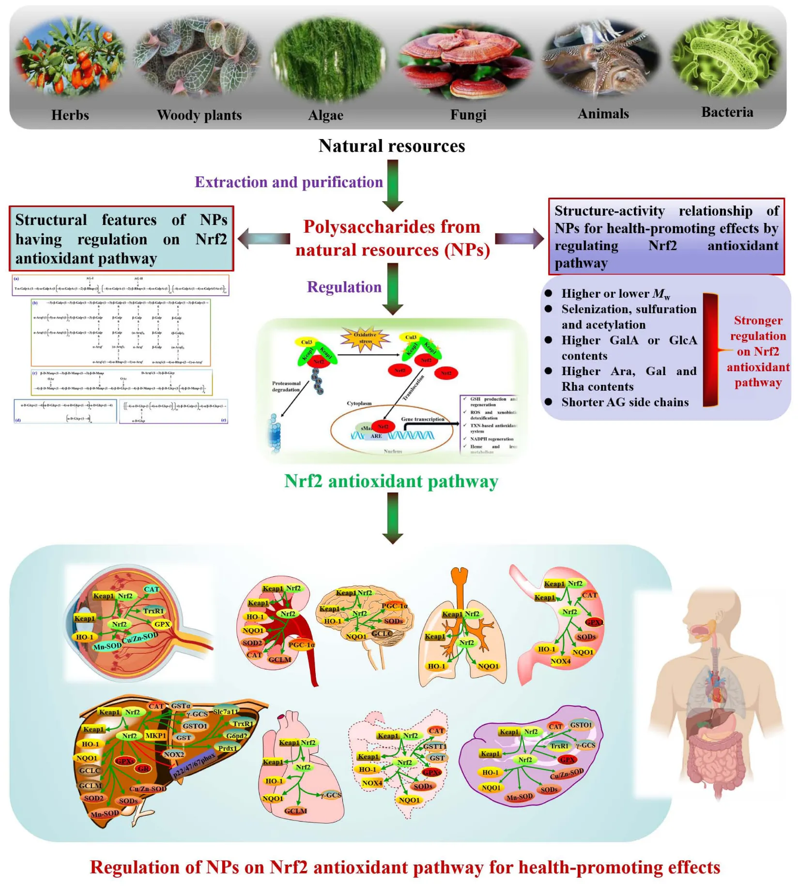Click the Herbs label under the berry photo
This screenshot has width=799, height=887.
[70, 115]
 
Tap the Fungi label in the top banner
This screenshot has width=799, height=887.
[468, 115]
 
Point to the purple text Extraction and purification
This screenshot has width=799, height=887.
[289, 182]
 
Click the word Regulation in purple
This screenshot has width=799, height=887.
[344, 287]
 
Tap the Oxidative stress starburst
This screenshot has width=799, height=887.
[365, 338]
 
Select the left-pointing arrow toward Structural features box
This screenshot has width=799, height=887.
[264, 238]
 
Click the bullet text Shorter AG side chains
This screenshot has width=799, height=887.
[625, 402]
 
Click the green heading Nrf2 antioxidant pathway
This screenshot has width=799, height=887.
[391, 481]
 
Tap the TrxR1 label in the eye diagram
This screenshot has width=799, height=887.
[154, 611]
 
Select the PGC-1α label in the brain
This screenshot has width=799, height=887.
[395, 606]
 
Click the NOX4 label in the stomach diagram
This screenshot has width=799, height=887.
[560, 661]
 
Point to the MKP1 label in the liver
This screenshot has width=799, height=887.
[156, 736]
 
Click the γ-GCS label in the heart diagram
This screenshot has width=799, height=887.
[331, 795]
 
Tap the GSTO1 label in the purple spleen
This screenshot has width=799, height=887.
[581, 725]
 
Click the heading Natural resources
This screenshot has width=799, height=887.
[391, 146]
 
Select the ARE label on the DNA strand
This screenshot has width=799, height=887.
[376, 436]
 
